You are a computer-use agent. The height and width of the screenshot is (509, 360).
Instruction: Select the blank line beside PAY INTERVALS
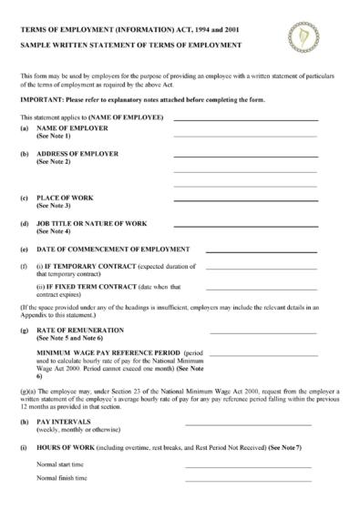248,424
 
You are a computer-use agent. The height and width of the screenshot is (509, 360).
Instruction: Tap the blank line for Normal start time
248,467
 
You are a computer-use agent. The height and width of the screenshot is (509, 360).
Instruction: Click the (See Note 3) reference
53,206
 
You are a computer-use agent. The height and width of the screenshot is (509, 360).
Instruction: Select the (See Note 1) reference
53,137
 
